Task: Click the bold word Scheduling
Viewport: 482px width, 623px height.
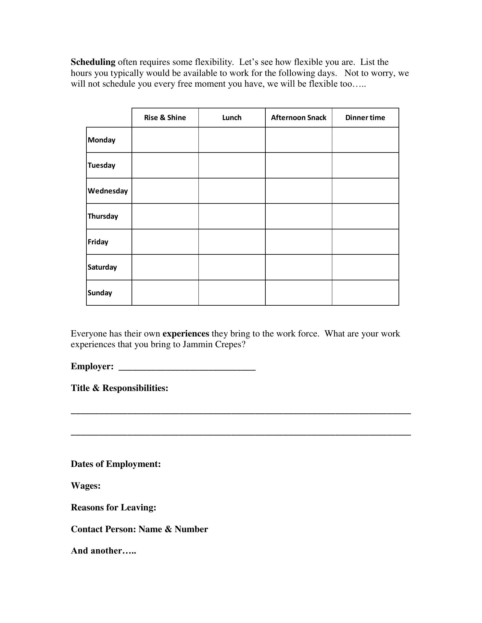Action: pyautogui.click(x=93, y=62)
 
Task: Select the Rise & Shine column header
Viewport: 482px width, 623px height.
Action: pyautogui.click(x=165, y=117)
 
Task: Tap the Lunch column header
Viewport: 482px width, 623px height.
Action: pyautogui.click(x=232, y=117)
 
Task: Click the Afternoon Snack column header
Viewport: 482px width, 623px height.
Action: pyautogui.click(x=298, y=117)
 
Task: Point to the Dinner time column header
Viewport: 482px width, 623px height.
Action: pyautogui.click(x=365, y=117)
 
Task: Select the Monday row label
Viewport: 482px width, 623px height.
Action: pyautogui.click(x=102, y=140)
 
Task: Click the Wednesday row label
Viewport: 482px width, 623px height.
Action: pyautogui.click(x=108, y=191)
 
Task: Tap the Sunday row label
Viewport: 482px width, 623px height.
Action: pyautogui.click(x=100, y=293)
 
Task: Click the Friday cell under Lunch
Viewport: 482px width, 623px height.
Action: pyautogui.click(x=232, y=242)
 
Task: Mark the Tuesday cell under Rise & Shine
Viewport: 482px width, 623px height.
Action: pyautogui.click(x=165, y=165)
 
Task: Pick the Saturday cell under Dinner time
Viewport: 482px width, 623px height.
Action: pyautogui.click(x=365, y=267)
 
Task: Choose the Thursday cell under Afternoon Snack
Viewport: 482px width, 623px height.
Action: pyautogui.click(x=298, y=216)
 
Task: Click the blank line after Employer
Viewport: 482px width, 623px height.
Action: pyautogui.click(x=187, y=367)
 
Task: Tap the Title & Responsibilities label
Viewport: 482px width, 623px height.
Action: pyautogui.click(x=120, y=388)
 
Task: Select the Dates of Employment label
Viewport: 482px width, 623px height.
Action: pyautogui.click(x=116, y=464)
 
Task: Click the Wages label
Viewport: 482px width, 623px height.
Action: pyautogui.click(x=86, y=486)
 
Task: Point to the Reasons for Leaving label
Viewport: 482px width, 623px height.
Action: pyautogui.click(x=114, y=507)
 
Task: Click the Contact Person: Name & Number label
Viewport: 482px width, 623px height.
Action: pyautogui.click(x=139, y=529)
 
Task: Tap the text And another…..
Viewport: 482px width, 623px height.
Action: pyautogui.click(x=103, y=551)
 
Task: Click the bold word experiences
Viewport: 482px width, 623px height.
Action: pyautogui.click(x=186, y=334)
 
